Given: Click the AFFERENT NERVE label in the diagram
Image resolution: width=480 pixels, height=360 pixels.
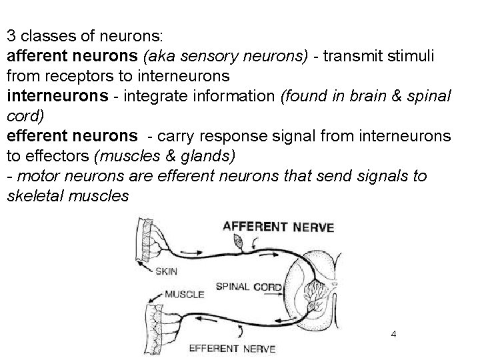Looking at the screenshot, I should point(278,227).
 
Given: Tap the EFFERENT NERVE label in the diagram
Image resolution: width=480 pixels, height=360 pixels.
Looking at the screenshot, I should point(232,348).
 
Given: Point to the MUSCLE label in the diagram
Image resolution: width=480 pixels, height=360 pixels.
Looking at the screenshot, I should point(185,293).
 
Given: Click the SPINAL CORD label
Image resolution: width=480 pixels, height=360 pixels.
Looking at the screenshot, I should point(250,287).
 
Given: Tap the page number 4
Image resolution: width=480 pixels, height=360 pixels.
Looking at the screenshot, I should point(394,333).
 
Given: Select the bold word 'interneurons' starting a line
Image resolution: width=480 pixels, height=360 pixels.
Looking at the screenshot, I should point(55,97).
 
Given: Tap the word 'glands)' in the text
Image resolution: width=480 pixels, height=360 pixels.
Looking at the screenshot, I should point(214,156).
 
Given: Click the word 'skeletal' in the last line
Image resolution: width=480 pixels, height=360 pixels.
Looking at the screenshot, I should point(33,197).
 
